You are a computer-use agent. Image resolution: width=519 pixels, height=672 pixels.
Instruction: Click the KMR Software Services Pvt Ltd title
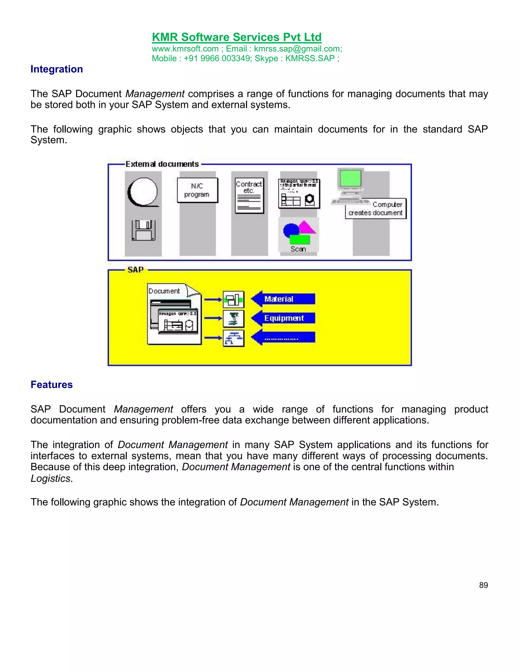point(236,37)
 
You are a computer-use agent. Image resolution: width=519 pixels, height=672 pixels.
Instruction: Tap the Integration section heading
point(57,69)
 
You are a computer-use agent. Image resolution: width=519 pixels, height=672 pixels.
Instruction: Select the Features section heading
point(51,385)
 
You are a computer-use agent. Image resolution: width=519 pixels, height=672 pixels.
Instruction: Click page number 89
point(483,585)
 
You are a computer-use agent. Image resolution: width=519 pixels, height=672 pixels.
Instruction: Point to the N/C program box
point(197,190)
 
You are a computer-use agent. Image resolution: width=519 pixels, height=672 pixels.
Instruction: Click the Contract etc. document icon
point(249,195)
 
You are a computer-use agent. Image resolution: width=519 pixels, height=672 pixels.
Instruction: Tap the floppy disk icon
point(143,230)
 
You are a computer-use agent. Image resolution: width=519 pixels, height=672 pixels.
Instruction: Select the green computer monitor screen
point(350,178)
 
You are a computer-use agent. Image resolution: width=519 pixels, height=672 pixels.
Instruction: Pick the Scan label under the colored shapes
point(298,249)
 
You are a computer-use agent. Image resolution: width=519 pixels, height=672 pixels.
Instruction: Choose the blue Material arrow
point(283,299)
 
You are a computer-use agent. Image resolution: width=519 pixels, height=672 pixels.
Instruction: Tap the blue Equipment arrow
point(283,318)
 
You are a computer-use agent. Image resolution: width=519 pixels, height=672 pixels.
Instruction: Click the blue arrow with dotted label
point(283,338)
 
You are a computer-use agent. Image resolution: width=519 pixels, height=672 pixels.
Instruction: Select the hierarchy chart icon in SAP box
point(233,338)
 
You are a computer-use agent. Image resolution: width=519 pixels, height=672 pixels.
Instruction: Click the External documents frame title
point(162,164)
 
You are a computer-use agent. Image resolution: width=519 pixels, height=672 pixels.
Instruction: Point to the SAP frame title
point(136,270)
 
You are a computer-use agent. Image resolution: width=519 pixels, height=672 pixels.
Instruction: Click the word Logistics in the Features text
point(50,479)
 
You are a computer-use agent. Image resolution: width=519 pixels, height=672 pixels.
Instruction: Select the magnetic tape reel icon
point(143,192)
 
